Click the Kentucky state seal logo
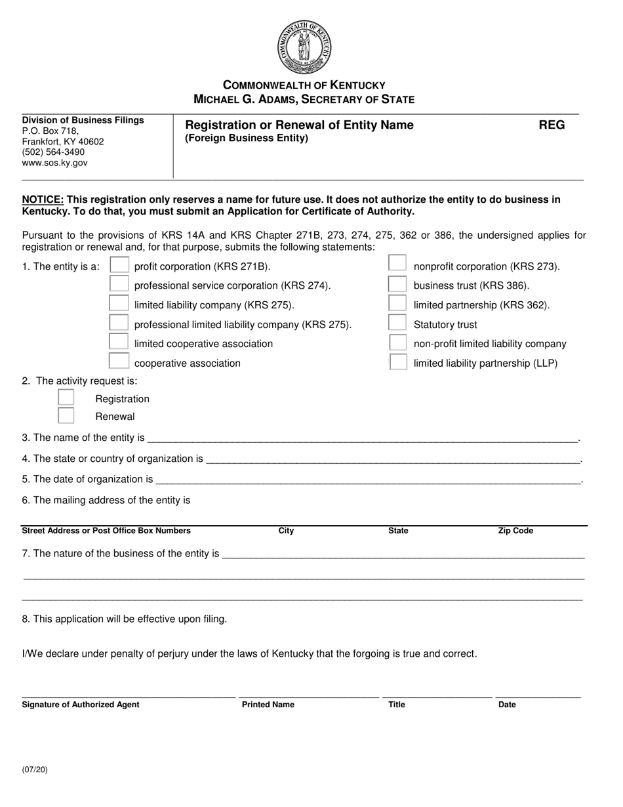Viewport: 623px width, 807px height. (304, 47)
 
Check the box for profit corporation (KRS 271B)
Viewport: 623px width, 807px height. (119, 265)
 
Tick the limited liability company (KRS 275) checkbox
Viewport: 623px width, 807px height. (119, 303)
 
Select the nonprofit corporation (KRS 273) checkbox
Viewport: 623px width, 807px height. (397, 263)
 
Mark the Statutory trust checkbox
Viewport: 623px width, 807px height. (397, 322)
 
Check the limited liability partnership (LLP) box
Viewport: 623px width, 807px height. (397, 362)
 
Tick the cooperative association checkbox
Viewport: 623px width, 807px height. (119, 361)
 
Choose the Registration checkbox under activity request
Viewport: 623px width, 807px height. (66, 398)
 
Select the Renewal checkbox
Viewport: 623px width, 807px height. (66, 415)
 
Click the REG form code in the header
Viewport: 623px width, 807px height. (552, 125)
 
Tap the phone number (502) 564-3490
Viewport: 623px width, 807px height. (53, 152)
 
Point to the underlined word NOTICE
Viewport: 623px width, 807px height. (43, 199)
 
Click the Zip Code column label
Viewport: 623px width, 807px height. (515, 531)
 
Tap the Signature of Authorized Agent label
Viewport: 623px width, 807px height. (81, 705)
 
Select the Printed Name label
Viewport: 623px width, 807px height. (268, 705)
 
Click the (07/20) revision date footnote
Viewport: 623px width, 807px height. (35, 770)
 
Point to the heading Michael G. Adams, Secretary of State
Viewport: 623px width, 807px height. (304, 100)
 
